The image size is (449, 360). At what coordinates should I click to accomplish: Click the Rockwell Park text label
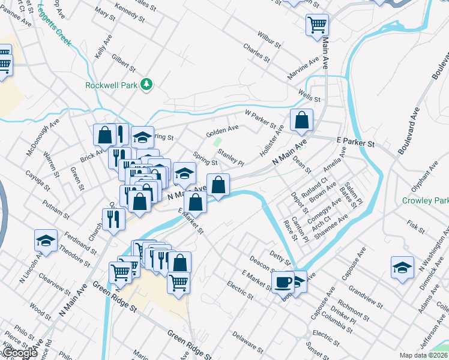pyautogui.click(x=111, y=85)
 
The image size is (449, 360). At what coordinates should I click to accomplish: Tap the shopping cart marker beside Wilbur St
pyautogui.click(x=317, y=25)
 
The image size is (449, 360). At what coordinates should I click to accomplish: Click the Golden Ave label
pyautogui.click(x=222, y=128)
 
